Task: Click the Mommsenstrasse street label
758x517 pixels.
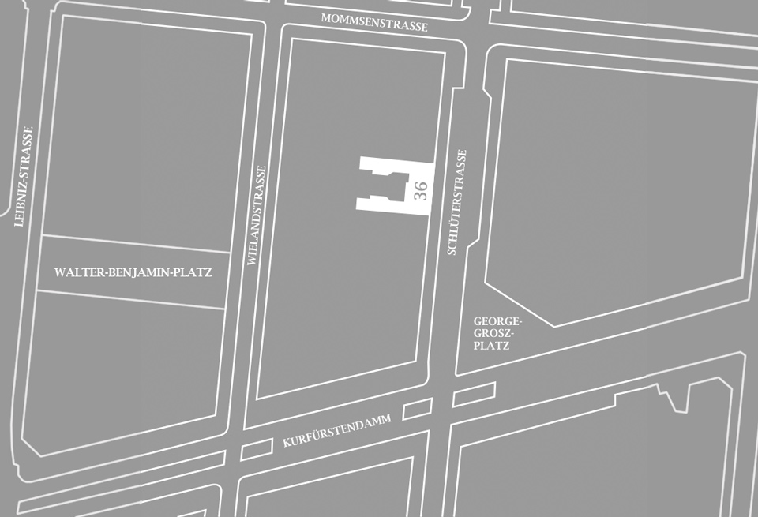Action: coord(374,22)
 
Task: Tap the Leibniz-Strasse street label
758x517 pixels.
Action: coord(24,177)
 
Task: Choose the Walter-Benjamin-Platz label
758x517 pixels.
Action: coord(133,272)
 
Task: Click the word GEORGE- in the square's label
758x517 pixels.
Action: coord(497,321)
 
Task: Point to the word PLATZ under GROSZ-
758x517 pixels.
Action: coord(492,346)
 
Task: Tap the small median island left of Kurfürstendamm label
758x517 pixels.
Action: coord(255,450)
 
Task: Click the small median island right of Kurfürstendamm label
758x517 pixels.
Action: coord(418,409)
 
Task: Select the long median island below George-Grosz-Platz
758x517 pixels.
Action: coord(474,394)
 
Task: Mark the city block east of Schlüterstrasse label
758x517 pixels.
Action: coord(616,189)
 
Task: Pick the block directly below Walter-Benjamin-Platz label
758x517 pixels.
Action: coord(126,363)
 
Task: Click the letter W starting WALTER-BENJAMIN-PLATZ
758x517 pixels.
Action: coord(59,272)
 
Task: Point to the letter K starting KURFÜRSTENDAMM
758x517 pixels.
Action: coord(286,443)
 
